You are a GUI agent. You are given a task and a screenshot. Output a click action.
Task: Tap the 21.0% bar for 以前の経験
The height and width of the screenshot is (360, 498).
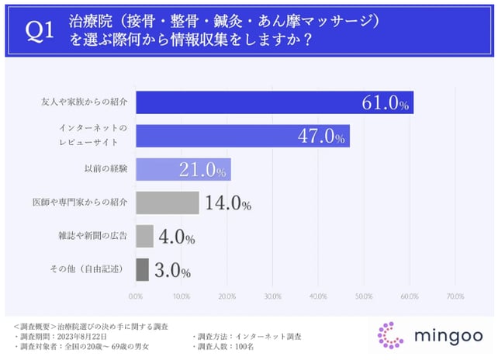(182, 169)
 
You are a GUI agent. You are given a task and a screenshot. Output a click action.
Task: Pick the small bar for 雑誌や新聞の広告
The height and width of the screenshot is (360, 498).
(144, 237)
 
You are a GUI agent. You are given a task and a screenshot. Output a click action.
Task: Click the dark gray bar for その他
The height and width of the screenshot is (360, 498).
(142, 270)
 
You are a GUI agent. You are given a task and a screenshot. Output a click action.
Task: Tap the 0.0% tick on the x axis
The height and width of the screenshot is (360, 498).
(136, 296)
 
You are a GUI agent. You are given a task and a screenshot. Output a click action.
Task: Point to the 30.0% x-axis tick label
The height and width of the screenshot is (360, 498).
(272, 296)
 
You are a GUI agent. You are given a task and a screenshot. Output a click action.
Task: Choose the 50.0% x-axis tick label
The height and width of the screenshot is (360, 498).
(364, 296)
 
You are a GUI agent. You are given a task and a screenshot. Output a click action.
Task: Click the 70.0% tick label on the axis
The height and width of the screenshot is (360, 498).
(455, 296)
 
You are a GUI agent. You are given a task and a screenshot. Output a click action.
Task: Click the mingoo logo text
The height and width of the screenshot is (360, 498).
(443, 335)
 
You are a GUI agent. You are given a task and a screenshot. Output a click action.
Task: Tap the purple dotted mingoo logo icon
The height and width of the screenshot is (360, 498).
(390, 335)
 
